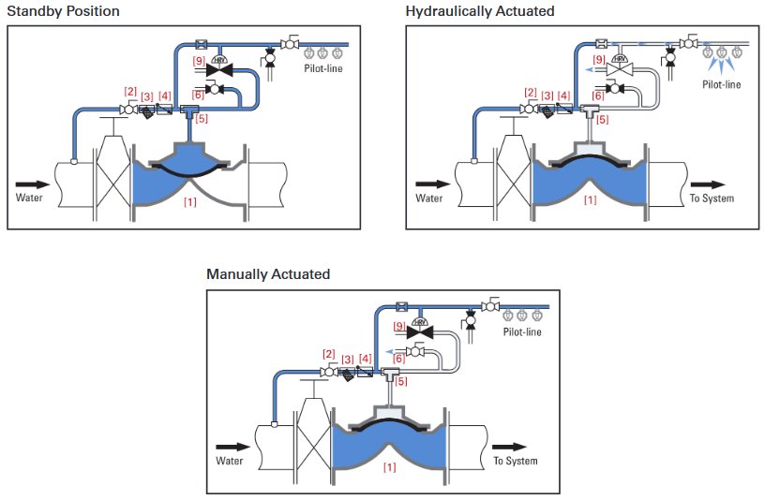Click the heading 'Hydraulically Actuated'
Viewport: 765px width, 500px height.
click(x=479, y=11)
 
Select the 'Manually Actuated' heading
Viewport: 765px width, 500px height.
click(x=268, y=274)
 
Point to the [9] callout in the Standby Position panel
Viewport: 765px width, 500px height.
click(x=199, y=61)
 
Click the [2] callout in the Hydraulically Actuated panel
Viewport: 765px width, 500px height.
click(x=530, y=92)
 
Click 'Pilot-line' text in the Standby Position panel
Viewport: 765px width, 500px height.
click(x=324, y=68)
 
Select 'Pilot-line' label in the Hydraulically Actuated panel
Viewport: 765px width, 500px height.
click(x=722, y=84)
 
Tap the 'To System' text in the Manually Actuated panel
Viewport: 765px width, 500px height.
click(x=516, y=461)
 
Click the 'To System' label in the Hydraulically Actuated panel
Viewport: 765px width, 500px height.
click(x=712, y=199)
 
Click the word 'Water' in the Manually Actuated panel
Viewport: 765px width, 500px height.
click(x=230, y=461)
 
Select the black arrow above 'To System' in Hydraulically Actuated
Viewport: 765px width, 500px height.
click(x=712, y=184)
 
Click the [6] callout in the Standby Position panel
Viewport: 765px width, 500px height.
click(x=198, y=95)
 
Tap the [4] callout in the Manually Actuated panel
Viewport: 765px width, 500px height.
click(x=366, y=359)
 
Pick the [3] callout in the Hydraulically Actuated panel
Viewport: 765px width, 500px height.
click(x=547, y=96)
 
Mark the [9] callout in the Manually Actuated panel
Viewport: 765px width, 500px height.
click(x=398, y=326)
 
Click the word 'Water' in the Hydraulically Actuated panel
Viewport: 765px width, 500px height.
click(x=429, y=199)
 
